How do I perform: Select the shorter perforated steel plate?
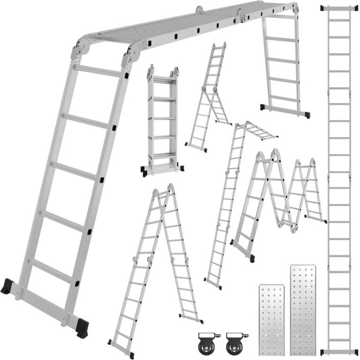tap(272, 319)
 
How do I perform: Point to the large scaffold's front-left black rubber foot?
tap(8, 286)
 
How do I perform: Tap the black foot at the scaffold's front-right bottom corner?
tap(82, 327)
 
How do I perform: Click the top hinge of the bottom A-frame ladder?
tap(164, 190)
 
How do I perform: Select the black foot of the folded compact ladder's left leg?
tap(144, 171)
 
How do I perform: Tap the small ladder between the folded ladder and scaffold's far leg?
tap(208, 97)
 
